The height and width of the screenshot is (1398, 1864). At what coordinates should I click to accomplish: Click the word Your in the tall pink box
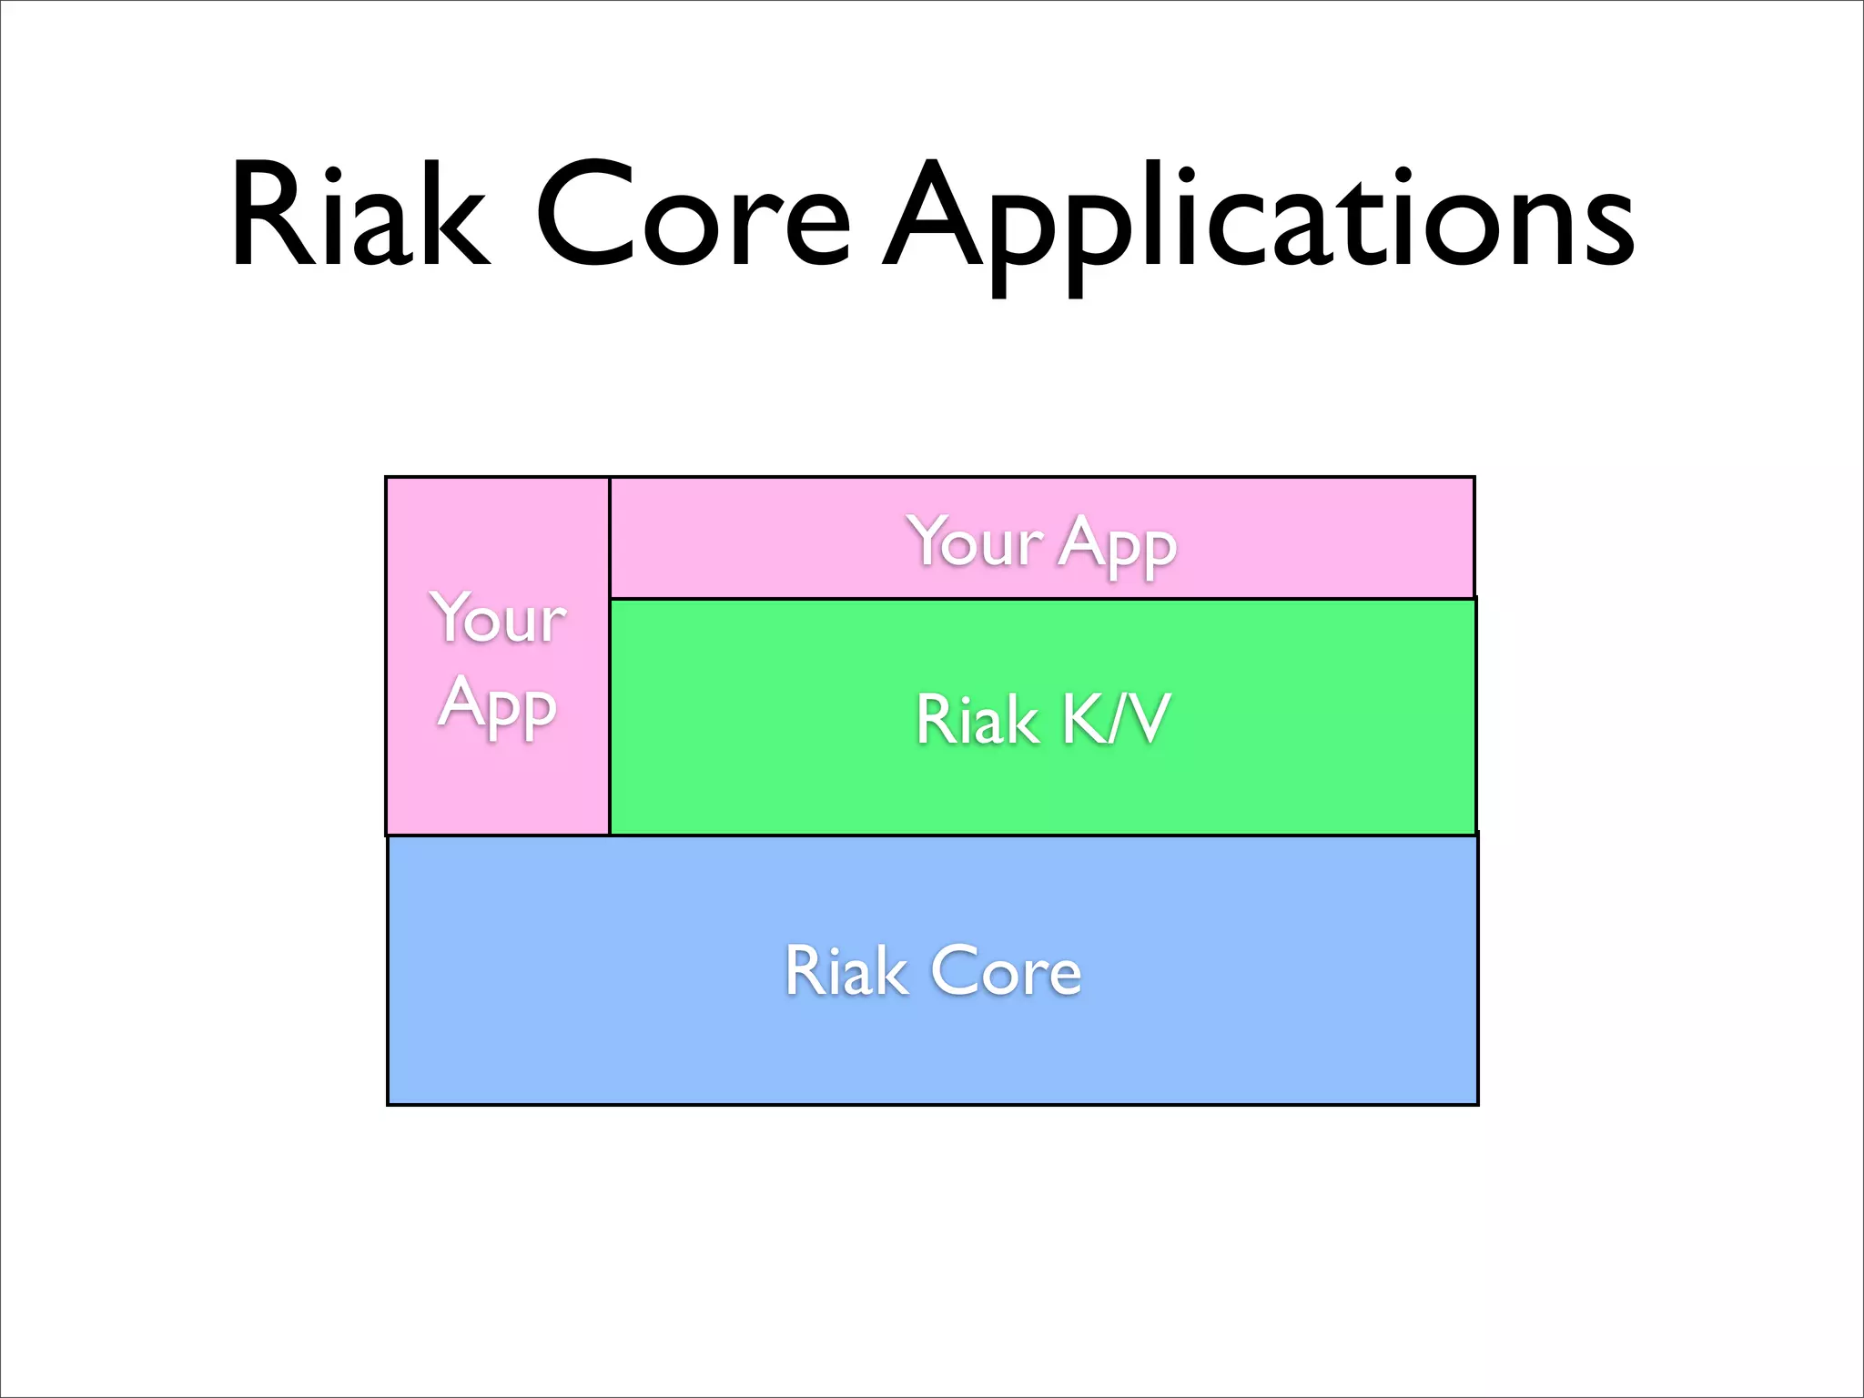(x=499, y=618)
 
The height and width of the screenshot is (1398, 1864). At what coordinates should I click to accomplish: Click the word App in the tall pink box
(x=498, y=705)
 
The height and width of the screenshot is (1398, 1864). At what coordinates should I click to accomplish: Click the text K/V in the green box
(x=1115, y=719)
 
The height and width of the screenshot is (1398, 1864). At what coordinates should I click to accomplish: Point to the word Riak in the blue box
(x=846, y=971)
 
